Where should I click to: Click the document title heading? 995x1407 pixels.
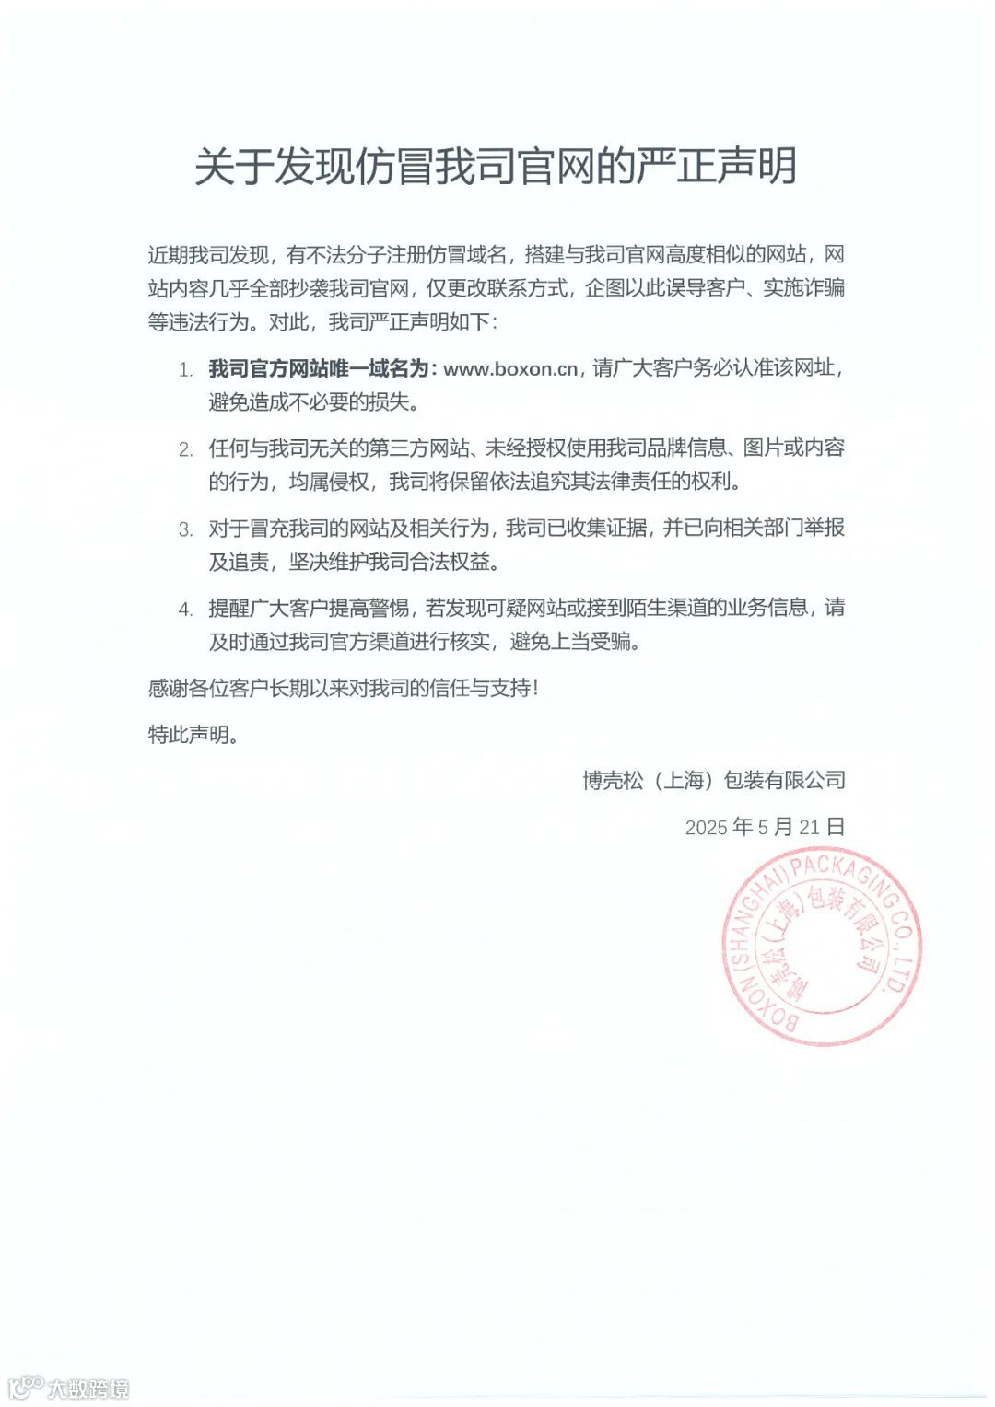pos(496,167)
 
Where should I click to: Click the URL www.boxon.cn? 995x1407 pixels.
pos(510,369)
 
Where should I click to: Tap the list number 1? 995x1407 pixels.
pos(185,370)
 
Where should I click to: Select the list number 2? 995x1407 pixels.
pos(185,449)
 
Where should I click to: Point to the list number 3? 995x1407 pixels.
pos(185,529)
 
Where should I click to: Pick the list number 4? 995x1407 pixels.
pos(185,609)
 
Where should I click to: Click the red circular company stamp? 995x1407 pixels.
pos(821,948)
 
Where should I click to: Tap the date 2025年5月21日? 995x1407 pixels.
pos(765,827)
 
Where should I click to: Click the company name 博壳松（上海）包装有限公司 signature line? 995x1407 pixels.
pos(714,781)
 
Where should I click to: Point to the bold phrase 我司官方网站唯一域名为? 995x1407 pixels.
pos(319,369)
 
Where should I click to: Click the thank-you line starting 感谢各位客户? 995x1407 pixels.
pos(343,688)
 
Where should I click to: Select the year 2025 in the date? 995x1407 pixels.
pos(707,828)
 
